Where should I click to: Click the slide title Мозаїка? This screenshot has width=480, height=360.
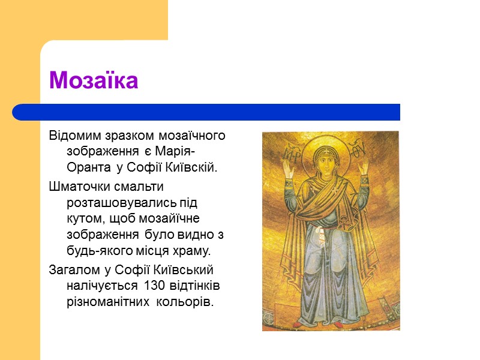[94, 80]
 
